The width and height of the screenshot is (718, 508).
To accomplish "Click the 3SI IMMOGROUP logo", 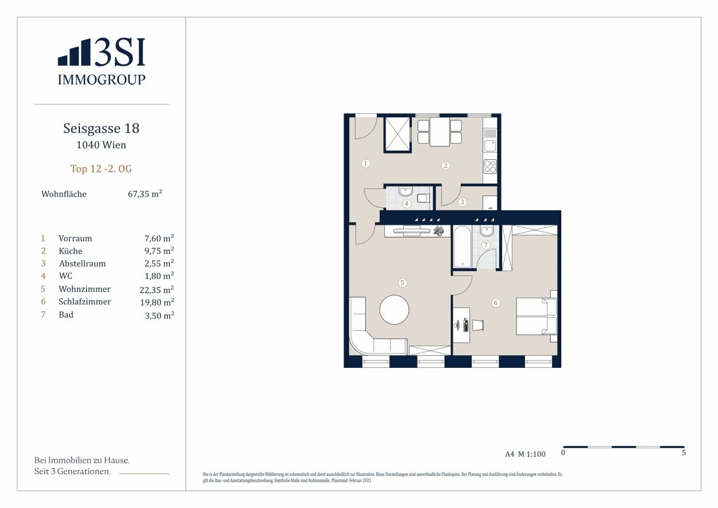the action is coord(101,61).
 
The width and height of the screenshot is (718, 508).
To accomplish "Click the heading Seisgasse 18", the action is coord(101,128).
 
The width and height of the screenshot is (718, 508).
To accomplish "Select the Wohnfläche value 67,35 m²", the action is coord(145,194).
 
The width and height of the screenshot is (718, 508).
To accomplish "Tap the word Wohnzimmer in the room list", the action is coord(84,289).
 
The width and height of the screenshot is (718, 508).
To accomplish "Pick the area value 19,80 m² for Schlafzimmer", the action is coord(157,302).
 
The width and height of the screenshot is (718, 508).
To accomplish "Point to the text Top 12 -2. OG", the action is coord(101,169).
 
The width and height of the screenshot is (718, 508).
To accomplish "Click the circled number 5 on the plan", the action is coord(403,283).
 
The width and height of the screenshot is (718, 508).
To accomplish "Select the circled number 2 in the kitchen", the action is coord(446,166).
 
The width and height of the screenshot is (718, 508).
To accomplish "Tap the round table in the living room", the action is coord(394,310).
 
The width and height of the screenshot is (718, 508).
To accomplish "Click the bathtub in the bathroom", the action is coord(462,247).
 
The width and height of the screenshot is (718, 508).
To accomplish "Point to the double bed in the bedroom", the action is coord(536,317).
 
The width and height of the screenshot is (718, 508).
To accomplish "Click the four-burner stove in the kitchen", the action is coord(490,167).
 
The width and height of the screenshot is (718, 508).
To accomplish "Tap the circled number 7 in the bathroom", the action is coord(485,245).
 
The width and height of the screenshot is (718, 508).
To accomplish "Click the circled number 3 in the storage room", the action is coord(462,202).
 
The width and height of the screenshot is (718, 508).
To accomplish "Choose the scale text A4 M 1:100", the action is coord(526,454).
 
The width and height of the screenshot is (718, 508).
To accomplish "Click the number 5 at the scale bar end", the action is coord(684,453).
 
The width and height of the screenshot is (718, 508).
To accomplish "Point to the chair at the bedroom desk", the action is coord(477,325).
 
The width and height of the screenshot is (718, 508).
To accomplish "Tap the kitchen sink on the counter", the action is coord(490,146).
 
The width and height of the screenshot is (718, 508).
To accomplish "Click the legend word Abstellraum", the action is coord(82,264).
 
